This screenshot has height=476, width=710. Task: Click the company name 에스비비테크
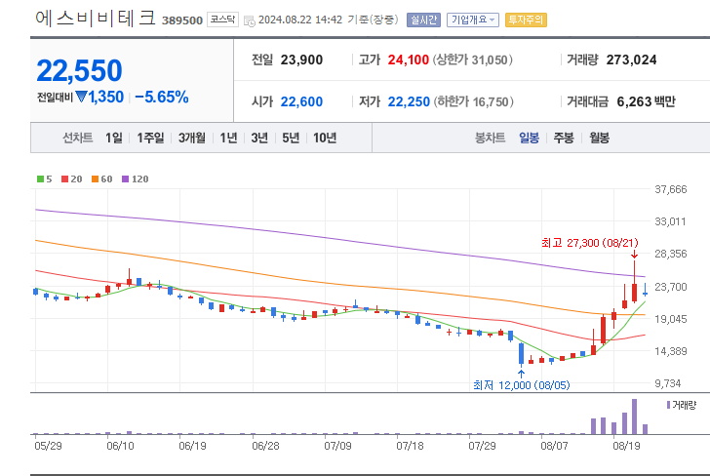tap(95, 19)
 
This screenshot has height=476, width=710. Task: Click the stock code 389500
tap(181, 20)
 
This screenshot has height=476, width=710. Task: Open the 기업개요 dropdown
tap(473, 20)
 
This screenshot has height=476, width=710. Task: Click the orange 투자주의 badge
tap(528, 20)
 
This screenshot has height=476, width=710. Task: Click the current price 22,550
tap(80, 70)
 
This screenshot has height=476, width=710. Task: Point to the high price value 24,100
tap(408, 59)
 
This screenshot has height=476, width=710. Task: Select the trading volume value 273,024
tap(631, 59)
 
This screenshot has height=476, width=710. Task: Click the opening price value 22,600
tap(301, 101)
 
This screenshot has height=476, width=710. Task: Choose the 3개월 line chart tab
tap(192, 139)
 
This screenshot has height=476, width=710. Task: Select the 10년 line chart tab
tap(325, 139)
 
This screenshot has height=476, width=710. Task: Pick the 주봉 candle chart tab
tap(564, 139)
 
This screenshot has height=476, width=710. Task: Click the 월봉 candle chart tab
tap(599, 139)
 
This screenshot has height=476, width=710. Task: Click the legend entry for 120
tap(136, 178)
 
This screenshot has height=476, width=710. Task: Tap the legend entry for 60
tap(103, 178)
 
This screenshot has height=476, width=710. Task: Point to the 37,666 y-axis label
tap(672, 189)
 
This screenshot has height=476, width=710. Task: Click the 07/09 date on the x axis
tap(337, 445)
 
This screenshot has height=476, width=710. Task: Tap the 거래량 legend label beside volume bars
tap(684, 404)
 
